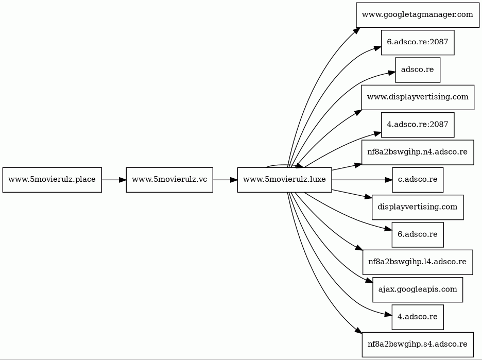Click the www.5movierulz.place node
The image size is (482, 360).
point(52,180)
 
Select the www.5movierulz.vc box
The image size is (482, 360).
point(169,180)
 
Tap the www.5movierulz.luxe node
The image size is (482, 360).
point(284,180)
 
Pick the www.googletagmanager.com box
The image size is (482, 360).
point(418,15)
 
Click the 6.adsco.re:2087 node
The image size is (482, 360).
point(418,42)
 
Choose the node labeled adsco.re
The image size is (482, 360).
point(418,70)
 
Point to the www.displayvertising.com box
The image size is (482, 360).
point(418,97)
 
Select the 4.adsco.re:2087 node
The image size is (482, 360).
point(418,125)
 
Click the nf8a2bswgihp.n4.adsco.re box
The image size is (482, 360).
point(418,152)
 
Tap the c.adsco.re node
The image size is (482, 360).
point(418,180)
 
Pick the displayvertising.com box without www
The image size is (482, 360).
point(418,207)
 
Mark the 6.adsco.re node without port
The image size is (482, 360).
point(418,234)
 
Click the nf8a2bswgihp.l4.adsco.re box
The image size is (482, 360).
point(418,262)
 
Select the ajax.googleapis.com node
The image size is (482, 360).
point(418,289)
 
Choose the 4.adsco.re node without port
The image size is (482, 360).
point(418,317)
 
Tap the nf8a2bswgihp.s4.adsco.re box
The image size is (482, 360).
point(418,345)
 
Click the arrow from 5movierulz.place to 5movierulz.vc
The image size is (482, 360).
point(114,180)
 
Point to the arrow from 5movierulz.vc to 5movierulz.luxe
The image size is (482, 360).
point(225,180)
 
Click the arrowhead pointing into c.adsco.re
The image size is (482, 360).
point(389,180)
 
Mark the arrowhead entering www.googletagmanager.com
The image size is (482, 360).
point(356,30)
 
